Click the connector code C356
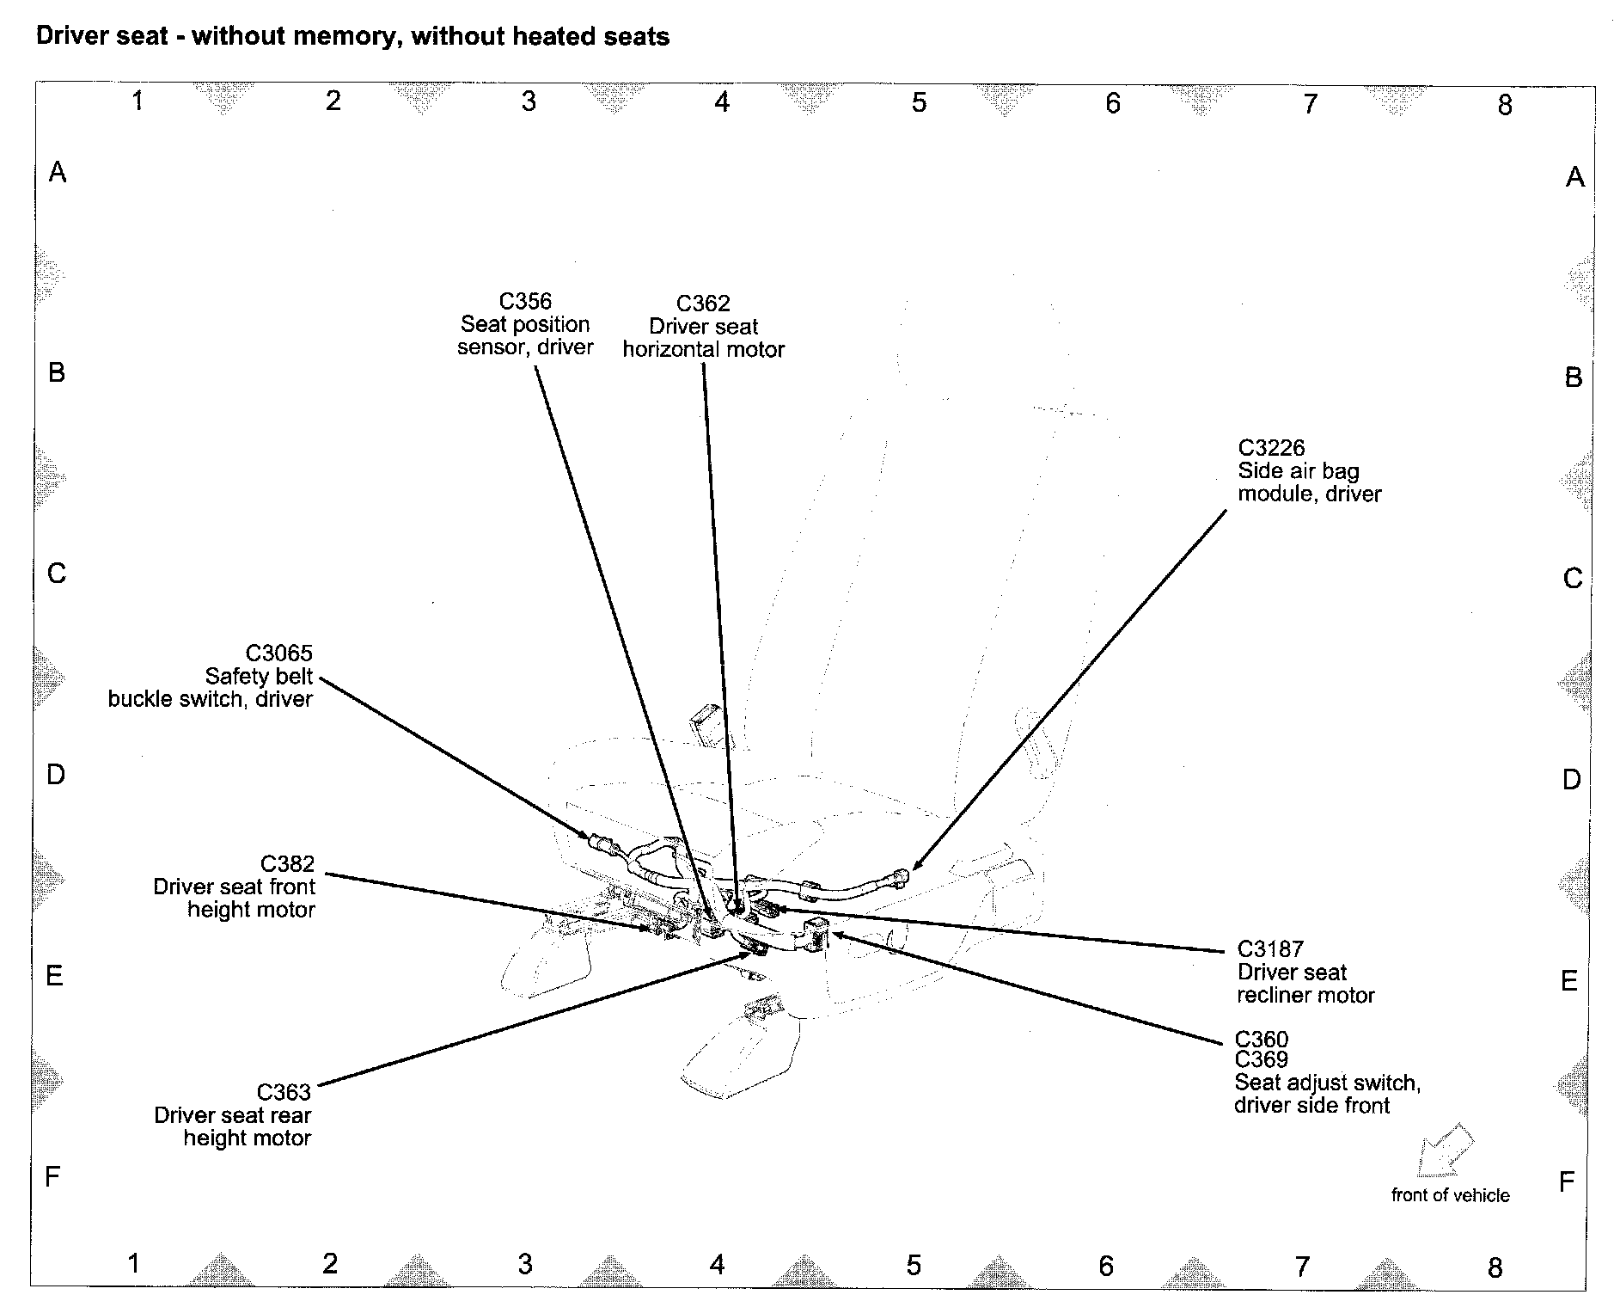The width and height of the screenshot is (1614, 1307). coord(525,301)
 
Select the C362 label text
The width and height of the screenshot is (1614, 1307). coord(703,304)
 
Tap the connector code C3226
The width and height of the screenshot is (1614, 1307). coord(1271,448)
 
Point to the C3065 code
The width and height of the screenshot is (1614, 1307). coord(279,653)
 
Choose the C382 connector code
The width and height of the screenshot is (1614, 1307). coord(287,863)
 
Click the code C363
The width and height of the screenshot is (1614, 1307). coord(284,1092)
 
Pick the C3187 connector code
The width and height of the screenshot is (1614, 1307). coord(1270,949)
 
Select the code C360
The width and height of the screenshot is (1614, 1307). coord(1262,1040)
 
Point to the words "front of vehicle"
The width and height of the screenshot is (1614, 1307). coord(1450,1195)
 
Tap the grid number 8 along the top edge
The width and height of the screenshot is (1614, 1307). coord(1504,105)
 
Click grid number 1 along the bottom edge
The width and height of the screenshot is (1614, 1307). coord(133,1263)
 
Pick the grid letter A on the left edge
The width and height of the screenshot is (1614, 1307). coord(58,173)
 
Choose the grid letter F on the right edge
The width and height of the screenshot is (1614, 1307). coord(1566,1181)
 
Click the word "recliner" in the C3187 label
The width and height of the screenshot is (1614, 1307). coord(1271,996)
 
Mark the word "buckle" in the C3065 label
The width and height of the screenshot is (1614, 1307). coord(139,699)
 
